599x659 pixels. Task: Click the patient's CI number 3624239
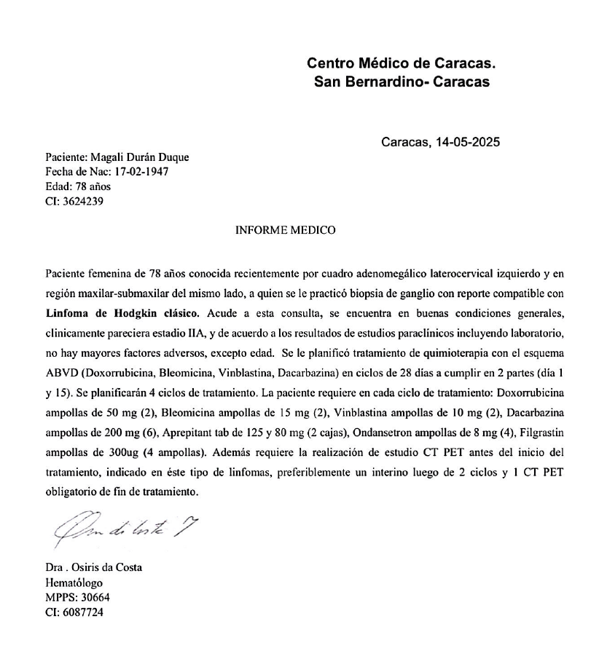coord(81,202)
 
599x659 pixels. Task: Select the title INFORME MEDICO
coord(286,230)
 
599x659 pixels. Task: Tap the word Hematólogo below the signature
coord(74,583)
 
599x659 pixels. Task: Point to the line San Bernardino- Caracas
coord(402,82)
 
